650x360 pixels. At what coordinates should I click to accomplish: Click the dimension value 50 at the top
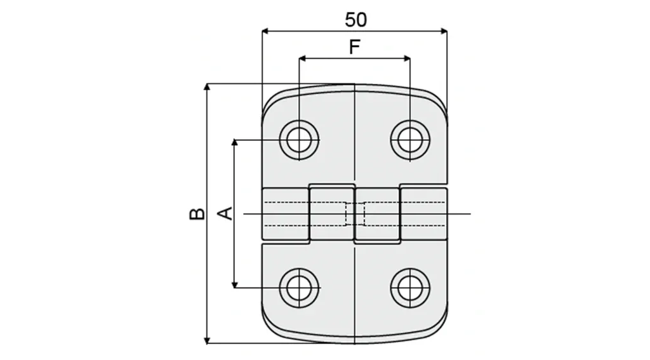[x=355, y=20]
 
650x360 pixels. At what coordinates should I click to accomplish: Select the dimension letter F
[x=355, y=46]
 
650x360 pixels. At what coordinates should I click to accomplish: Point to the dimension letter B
[x=197, y=213]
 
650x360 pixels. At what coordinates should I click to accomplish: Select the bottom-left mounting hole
[x=298, y=287]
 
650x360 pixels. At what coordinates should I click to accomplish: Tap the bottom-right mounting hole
[x=409, y=287]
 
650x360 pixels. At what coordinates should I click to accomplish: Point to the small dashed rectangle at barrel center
[x=355, y=214]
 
